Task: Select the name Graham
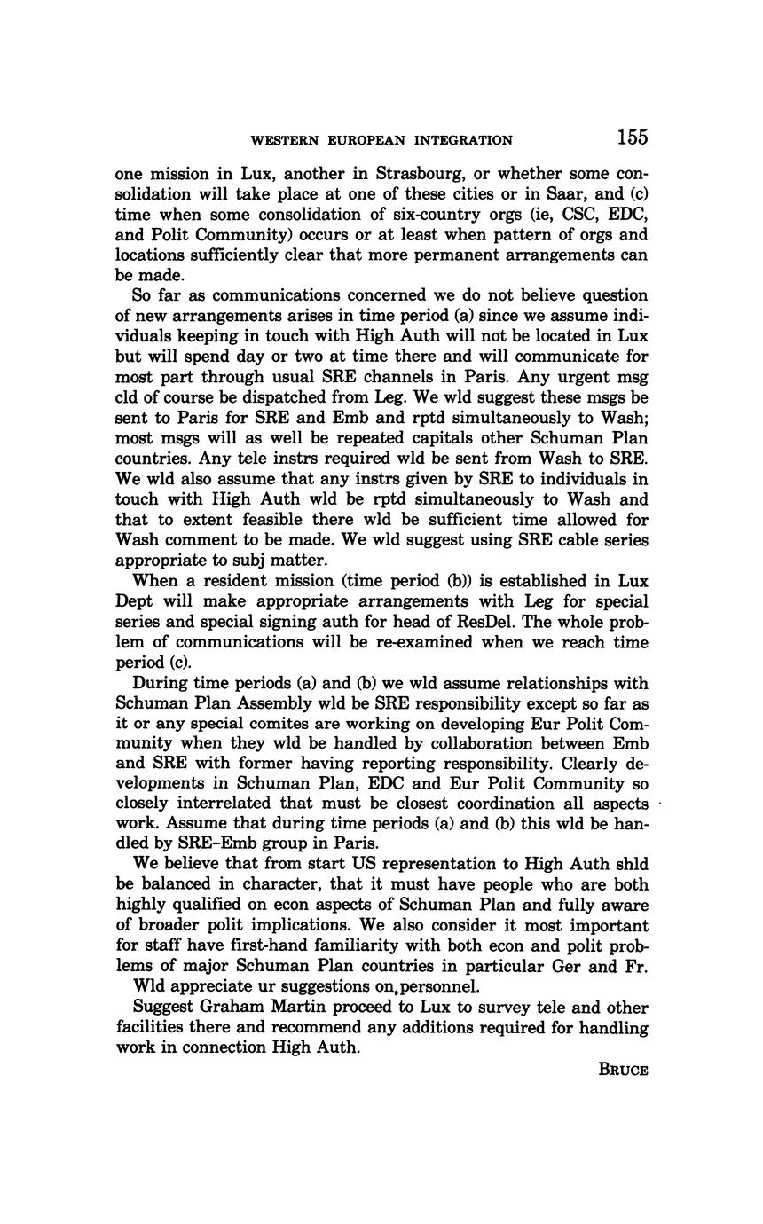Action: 232,1008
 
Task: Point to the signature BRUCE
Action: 624,1070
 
